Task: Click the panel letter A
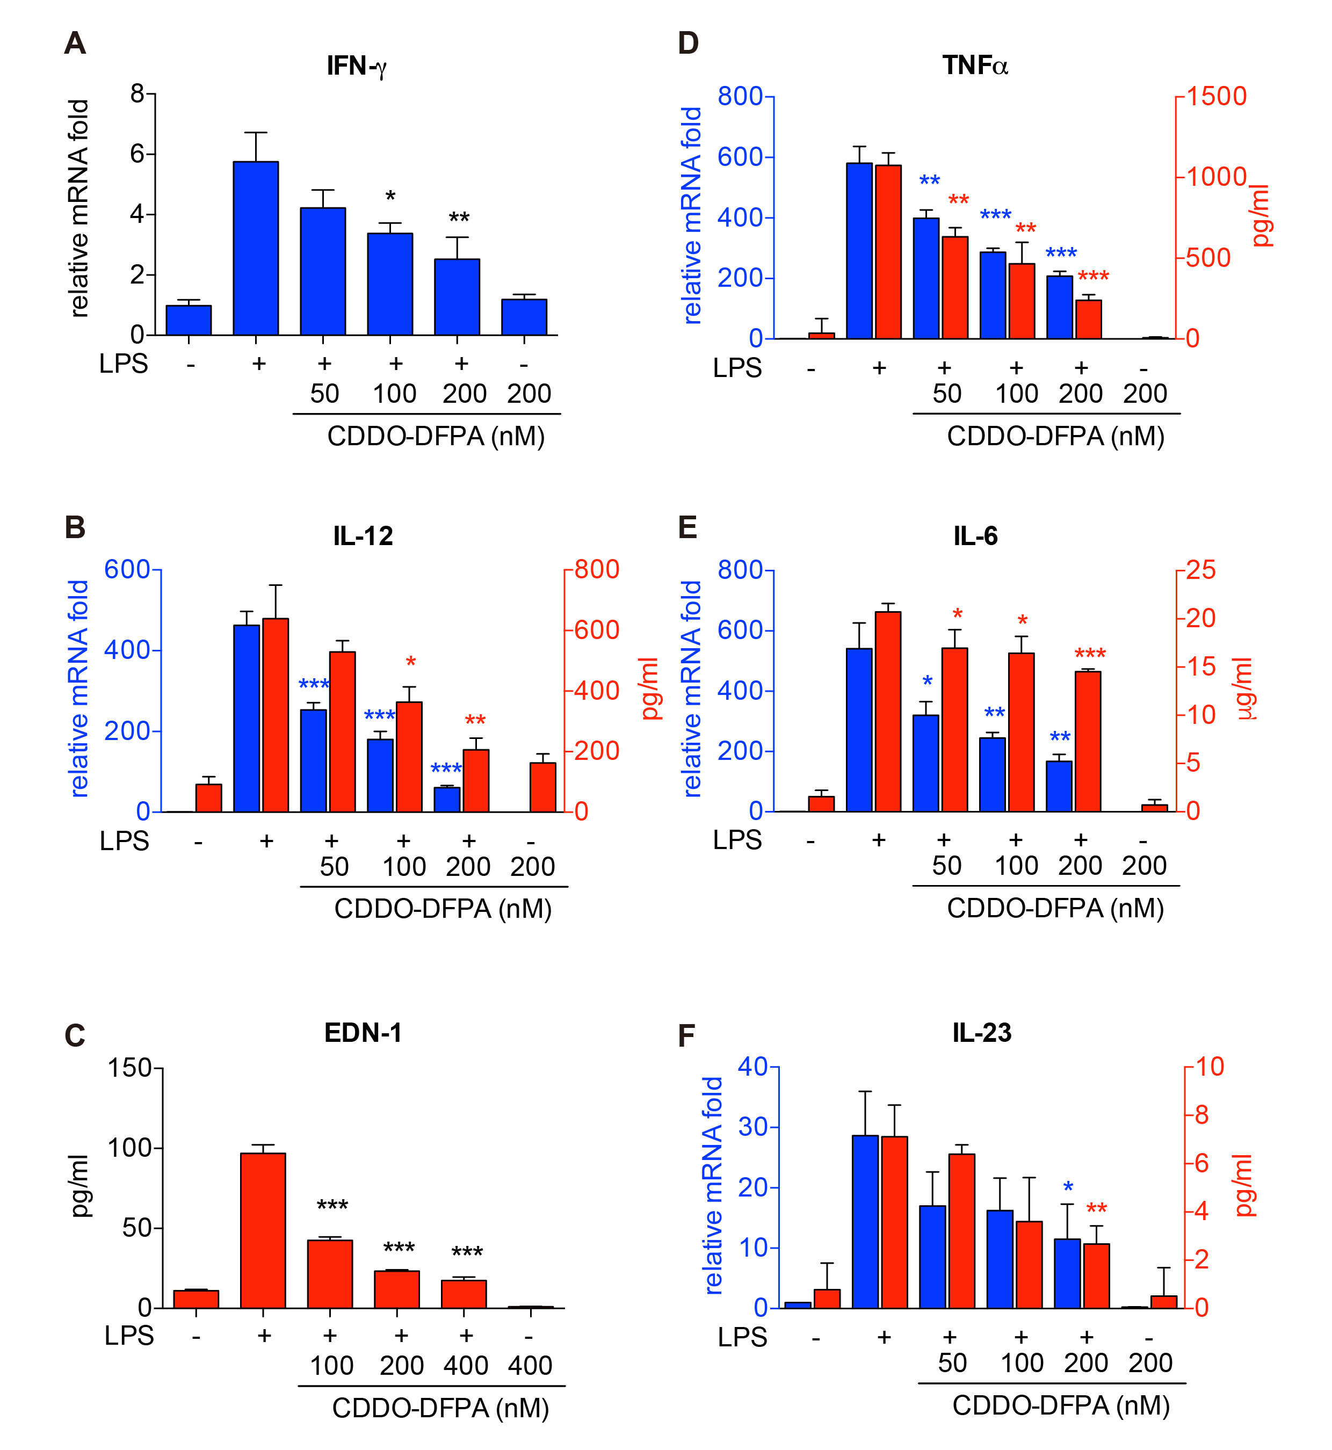click(x=75, y=44)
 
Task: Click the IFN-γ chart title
click(x=357, y=66)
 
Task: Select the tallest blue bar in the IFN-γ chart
click(x=256, y=248)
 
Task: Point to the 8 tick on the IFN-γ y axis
click(x=137, y=93)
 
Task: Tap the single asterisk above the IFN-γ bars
click(x=390, y=197)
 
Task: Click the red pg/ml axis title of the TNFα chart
click(x=1261, y=216)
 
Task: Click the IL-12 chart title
click(x=363, y=536)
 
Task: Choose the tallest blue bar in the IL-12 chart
click(x=247, y=718)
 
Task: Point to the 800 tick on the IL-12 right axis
click(x=597, y=570)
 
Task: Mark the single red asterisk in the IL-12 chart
click(x=410, y=662)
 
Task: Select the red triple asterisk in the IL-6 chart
click(x=1090, y=654)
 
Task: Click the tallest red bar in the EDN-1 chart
click(x=263, y=1230)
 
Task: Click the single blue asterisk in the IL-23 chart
click(x=1067, y=1187)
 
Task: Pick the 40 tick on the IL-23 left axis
click(x=753, y=1067)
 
